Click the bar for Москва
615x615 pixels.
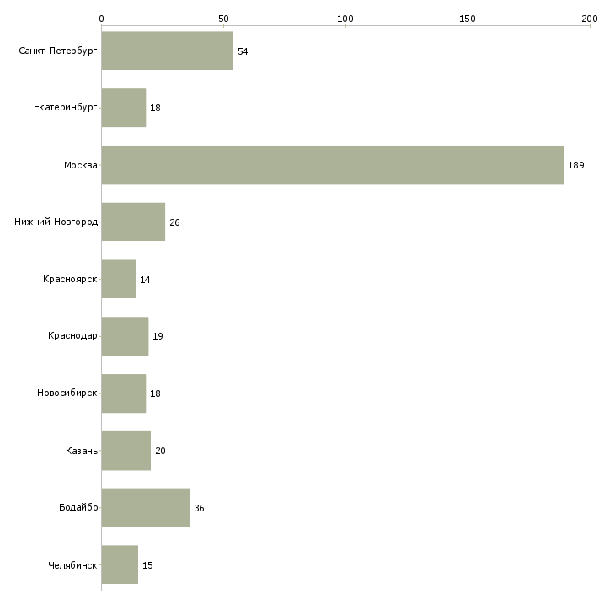point(332,165)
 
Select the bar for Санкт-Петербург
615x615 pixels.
point(167,51)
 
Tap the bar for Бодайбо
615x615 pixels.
point(145,507)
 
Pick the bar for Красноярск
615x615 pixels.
point(118,279)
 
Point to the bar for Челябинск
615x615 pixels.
point(120,564)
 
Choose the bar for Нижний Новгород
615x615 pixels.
point(133,222)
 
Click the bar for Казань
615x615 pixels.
point(126,451)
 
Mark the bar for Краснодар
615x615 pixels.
point(125,336)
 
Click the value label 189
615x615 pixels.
point(575,165)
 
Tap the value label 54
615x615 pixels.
point(243,51)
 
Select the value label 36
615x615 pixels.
point(199,508)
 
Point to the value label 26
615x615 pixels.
point(174,222)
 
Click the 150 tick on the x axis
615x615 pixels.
point(468,18)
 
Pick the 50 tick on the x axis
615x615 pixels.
point(223,18)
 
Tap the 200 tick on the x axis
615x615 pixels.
point(589,18)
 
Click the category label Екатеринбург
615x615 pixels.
point(66,108)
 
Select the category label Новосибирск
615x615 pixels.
point(67,393)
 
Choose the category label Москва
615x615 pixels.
point(81,165)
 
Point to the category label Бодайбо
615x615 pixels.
point(78,507)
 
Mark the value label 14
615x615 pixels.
point(145,280)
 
